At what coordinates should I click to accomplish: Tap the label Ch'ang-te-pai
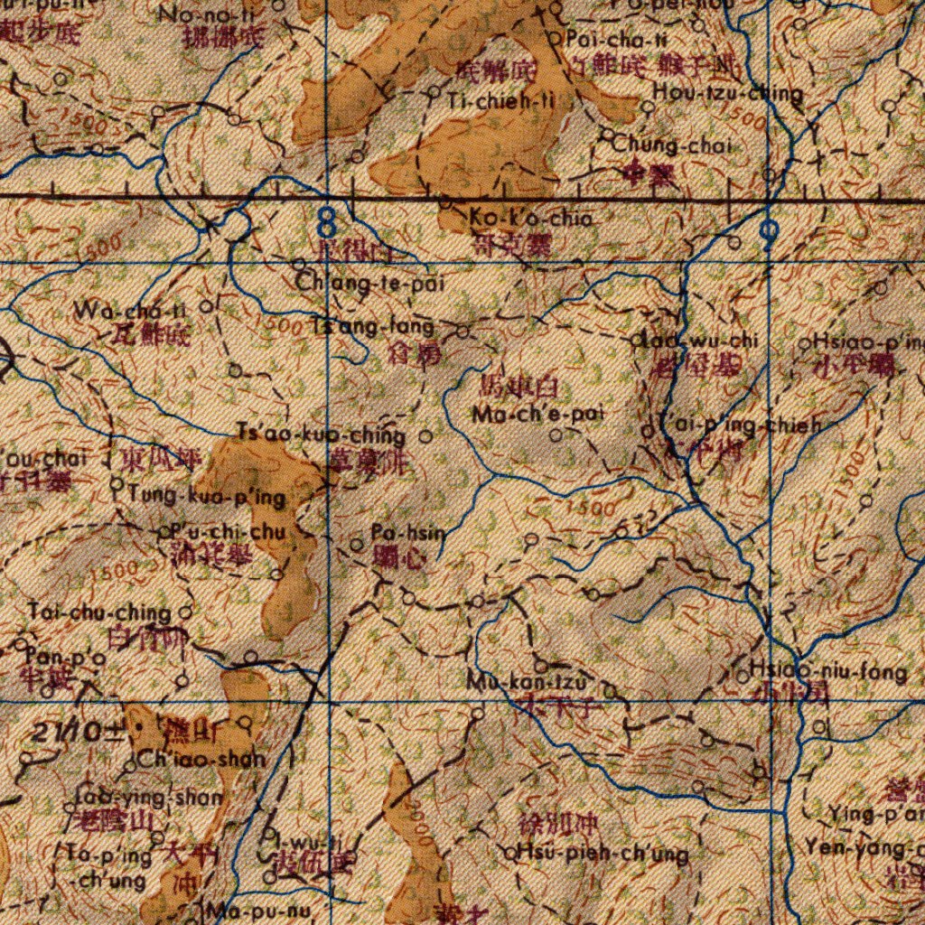tap(370, 284)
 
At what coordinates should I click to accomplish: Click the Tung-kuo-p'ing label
tap(207, 497)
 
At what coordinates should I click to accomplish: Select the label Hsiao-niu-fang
tap(828, 671)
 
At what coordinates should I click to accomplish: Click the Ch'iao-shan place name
tap(201, 759)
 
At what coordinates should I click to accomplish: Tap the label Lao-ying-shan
tap(148, 798)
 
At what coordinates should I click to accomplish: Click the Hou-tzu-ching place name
tap(728, 92)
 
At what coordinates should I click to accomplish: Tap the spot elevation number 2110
tap(65, 733)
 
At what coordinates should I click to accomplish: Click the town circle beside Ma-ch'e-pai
tap(556, 435)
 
